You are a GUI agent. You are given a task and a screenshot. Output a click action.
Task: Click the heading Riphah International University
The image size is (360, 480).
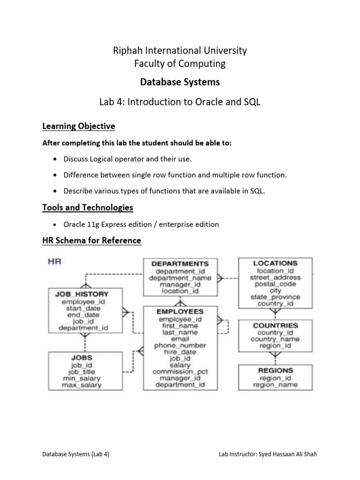click(180, 50)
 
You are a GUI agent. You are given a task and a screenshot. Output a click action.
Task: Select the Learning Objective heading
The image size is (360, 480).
click(78, 127)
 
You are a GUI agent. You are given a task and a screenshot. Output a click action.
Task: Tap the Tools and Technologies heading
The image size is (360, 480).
click(88, 207)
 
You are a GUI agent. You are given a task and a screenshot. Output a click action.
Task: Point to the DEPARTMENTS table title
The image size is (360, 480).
click(180, 264)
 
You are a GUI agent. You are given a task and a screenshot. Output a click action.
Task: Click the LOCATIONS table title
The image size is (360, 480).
click(275, 263)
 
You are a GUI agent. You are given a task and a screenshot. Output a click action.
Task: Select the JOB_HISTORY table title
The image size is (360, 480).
click(82, 294)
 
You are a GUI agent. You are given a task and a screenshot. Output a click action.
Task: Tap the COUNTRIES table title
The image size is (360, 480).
click(275, 325)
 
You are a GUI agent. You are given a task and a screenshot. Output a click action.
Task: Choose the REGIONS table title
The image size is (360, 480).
click(275, 370)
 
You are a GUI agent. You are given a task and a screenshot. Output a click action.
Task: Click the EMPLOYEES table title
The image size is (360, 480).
click(180, 311)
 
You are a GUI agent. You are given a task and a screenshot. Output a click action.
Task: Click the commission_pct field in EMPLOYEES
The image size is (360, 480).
click(180, 371)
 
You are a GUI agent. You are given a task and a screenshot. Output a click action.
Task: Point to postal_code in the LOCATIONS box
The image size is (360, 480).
click(275, 284)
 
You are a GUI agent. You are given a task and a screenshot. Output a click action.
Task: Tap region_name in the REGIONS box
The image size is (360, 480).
click(275, 385)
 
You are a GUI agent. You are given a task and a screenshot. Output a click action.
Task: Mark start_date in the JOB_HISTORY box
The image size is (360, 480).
click(82, 308)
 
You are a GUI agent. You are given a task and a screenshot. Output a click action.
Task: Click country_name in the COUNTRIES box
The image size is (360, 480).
click(275, 339)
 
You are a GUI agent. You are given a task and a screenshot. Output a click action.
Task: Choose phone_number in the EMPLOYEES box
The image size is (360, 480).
click(180, 345)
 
